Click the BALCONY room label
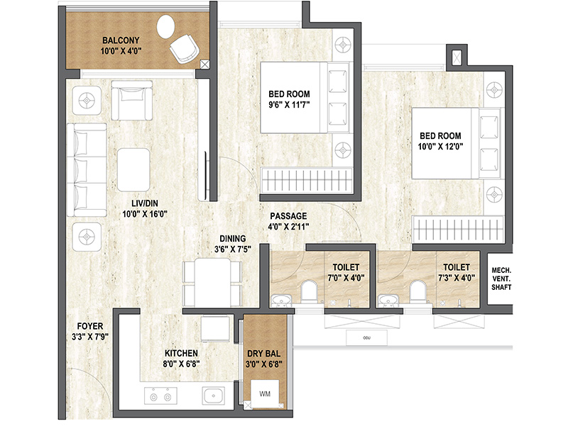(x=121, y=40)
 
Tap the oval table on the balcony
(x=166, y=27)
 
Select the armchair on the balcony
(x=185, y=49)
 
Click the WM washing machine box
(x=265, y=394)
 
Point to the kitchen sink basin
(x=214, y=396)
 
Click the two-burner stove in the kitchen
(x=161, y=396)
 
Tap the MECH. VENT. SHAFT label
(x=501, y=279)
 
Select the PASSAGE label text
(x=288, y=216)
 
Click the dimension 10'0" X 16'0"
(x=145, y=214)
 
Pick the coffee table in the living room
(x=133, y=170)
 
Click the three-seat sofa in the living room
(x=87, y=170)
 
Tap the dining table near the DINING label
(x=212, y=282)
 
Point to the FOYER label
(x=90, y=326)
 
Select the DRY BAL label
(x=263, y=353)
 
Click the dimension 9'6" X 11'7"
(x=289, y=105)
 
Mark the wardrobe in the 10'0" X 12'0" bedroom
(x=458, y=230)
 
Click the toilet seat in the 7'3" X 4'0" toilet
(x=417, y=291)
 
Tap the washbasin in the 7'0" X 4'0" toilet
(x=281, y=300)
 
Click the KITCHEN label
(x=181, y=353)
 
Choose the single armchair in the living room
(x=131, y=100)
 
